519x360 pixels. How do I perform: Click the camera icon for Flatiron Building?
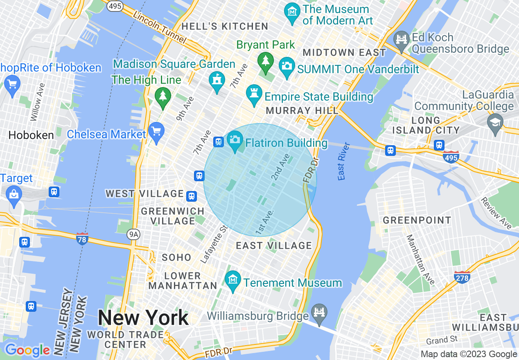click(235, 140)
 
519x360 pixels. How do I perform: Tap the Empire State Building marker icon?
click(254, 93)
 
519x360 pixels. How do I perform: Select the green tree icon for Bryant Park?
click(266, 61)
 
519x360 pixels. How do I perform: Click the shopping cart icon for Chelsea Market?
click(156, 131)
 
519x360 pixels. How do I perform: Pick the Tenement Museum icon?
click(233, 280)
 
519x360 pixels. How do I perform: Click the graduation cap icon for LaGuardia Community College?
click(495, 122)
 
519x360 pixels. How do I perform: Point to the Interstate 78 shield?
click(82, 238)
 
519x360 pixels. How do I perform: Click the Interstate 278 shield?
click(462, 277)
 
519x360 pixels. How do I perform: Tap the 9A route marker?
click(133, 234)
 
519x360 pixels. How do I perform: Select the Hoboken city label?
click(31, 135)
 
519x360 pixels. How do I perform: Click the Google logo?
click(27, 351)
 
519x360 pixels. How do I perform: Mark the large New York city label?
click(143, 318)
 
